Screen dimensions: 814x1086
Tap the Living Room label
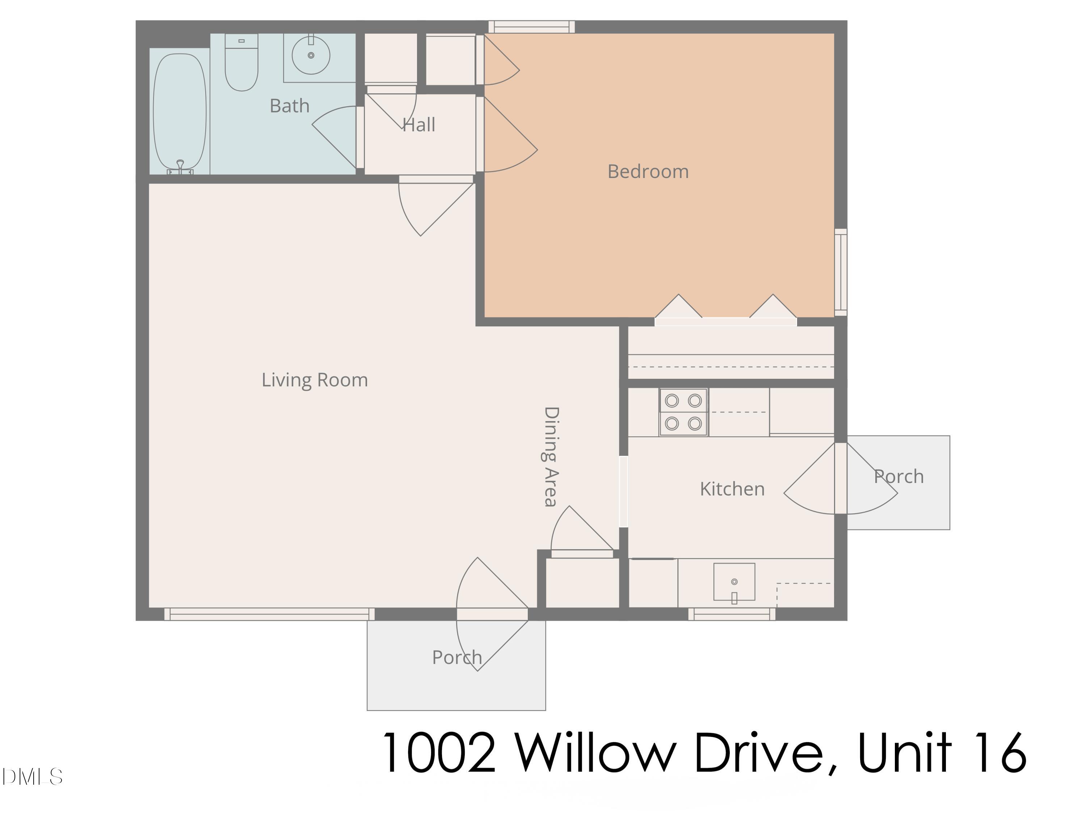click(314, 380)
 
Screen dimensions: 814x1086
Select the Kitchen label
click(732, 489)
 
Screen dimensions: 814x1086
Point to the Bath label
click(289, 106)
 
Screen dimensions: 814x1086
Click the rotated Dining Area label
click(551, 456)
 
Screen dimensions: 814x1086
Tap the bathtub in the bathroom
click(180, 112)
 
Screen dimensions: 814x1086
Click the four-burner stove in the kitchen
click(683, 412)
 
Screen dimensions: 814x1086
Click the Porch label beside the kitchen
click(898, 476)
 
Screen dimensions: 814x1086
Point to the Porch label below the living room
click(456, 657)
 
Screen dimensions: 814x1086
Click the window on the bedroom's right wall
click(841, 272)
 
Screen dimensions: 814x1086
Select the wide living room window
click(269, 614)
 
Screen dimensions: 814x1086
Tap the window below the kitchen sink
click(732, 614)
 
